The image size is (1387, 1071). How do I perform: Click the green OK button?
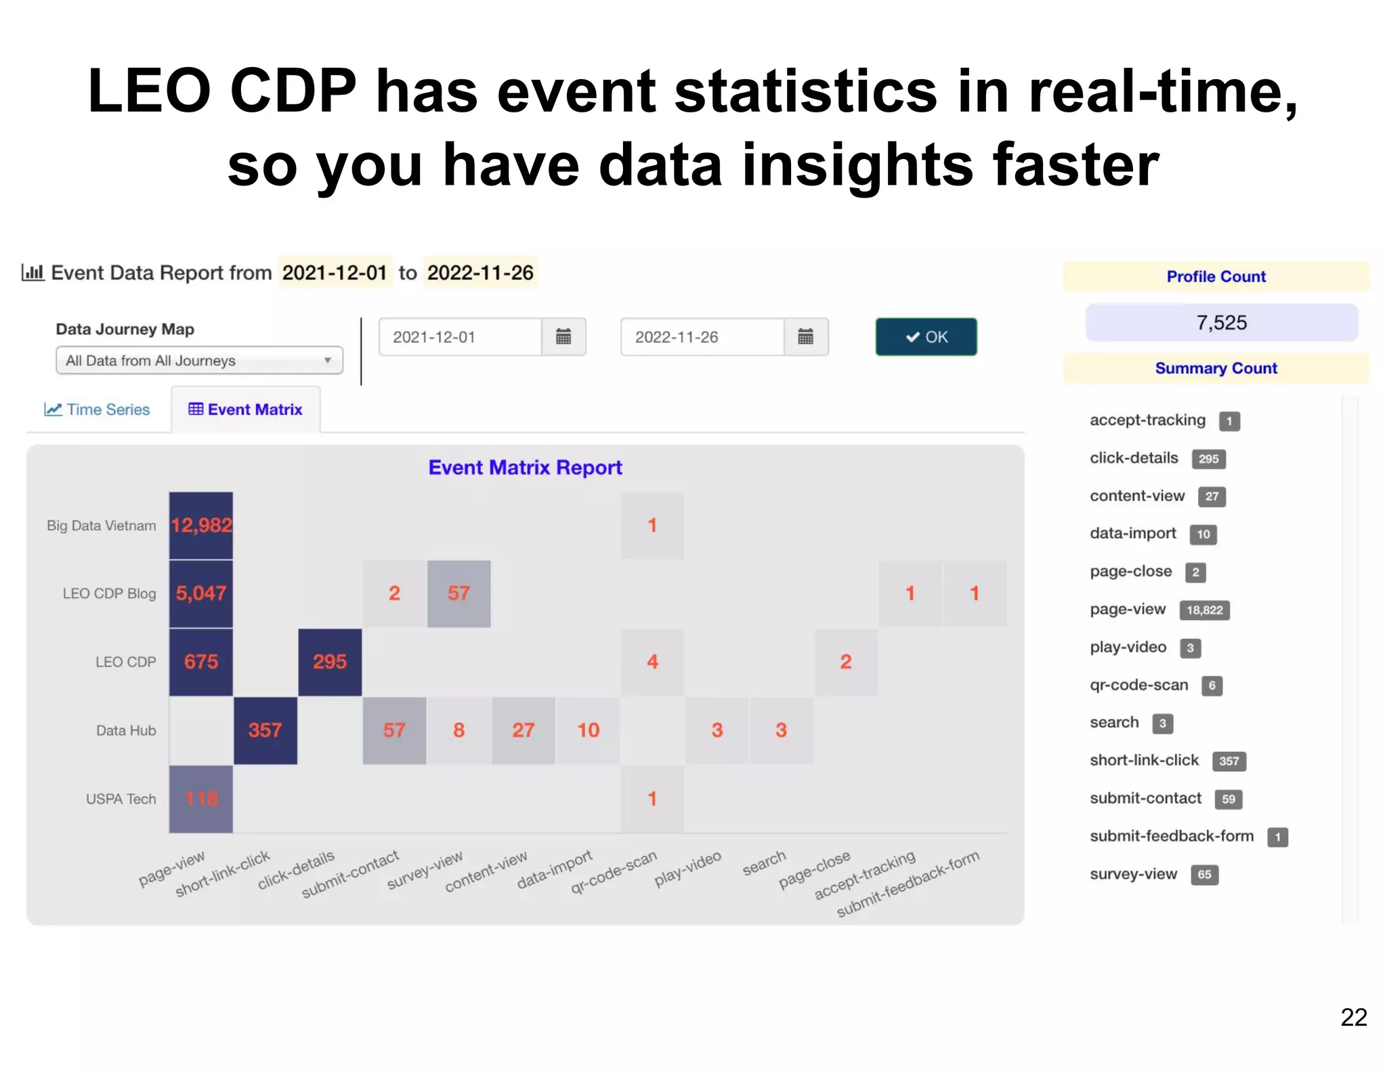926,336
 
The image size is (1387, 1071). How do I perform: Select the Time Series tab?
98,410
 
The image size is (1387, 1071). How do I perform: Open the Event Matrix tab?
246,410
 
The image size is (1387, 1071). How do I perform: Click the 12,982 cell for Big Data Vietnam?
201,525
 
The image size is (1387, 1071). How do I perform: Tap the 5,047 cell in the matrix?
201,594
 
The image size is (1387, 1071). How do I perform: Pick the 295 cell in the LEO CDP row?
330,662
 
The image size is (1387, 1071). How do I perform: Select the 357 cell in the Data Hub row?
265,730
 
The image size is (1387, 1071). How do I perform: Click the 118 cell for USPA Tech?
201,799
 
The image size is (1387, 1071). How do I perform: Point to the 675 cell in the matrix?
201,662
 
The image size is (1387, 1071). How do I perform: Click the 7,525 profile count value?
1221,323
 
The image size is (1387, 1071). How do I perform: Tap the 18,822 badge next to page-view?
1204,610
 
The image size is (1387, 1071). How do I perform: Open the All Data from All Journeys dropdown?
199,361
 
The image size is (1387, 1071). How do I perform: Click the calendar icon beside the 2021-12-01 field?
563,336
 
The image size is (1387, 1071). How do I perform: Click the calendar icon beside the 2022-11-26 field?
805,336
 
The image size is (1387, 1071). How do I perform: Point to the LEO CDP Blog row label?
109,594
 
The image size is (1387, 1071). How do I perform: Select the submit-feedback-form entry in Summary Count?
1172,836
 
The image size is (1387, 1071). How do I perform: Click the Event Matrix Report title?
525,468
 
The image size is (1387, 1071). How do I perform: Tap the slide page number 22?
1353,1018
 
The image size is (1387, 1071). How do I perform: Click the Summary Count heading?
1216,368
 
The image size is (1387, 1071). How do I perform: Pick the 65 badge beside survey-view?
1204,875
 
